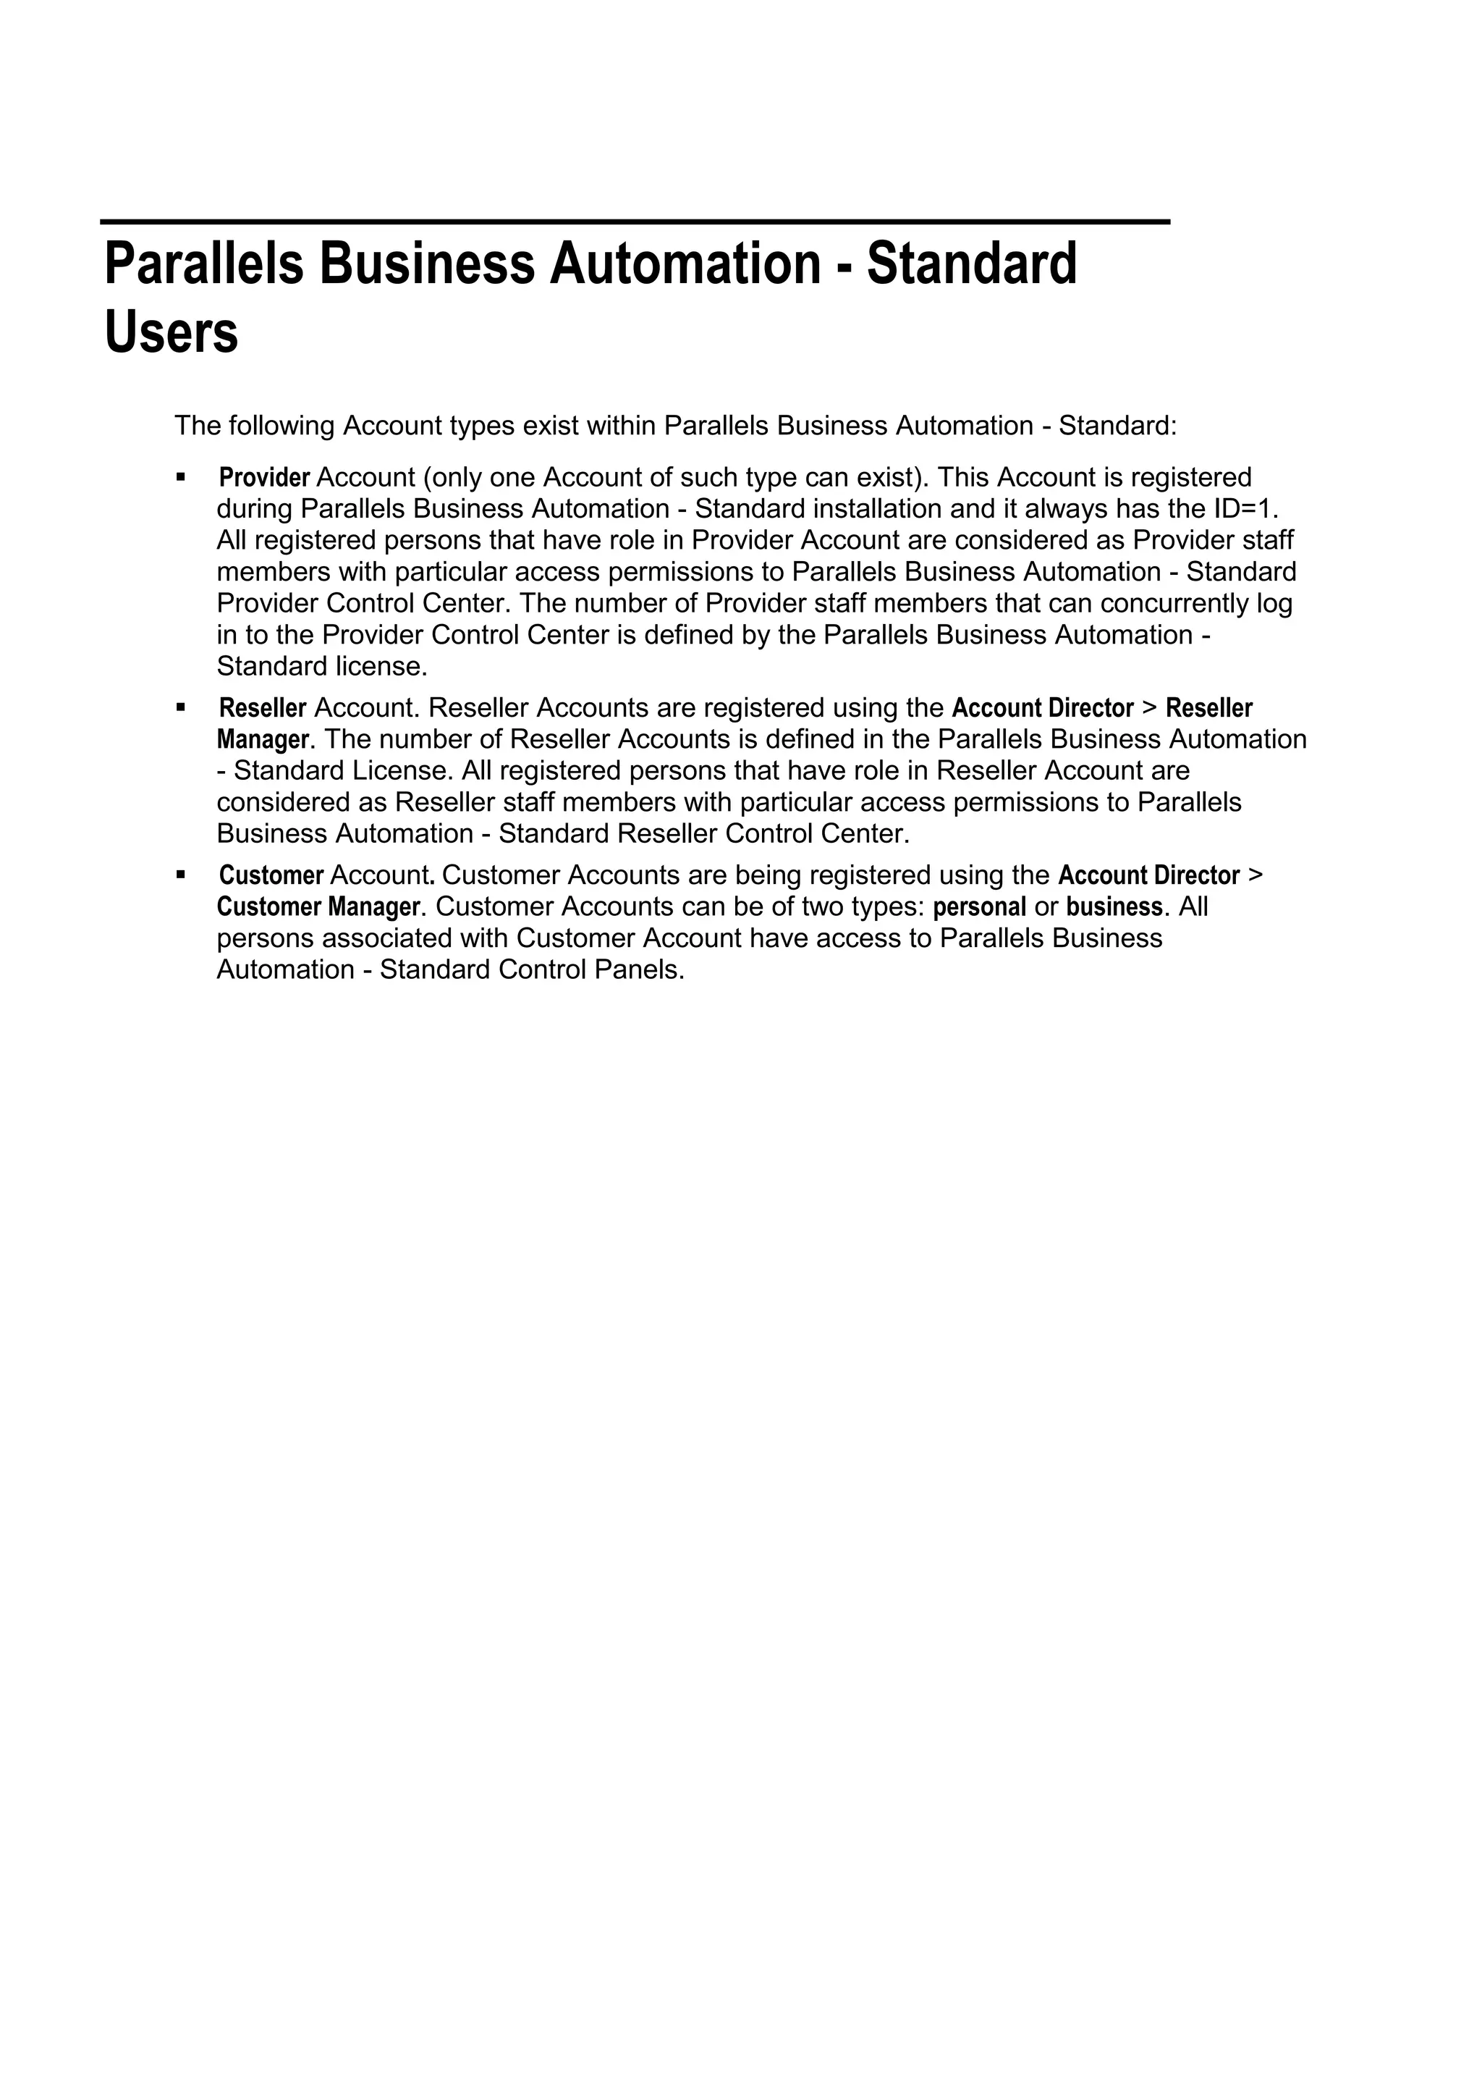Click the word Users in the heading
click(x=172, y=332)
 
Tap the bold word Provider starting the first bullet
click(x=265, y=477)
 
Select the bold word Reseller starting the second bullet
click(x=263, y=708)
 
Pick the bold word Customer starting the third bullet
click(x=271, y=876)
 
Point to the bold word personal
click(x=979, y=907)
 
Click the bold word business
click(x=1114, y=907)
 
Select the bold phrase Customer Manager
click(x=318, y=907)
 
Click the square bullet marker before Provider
click(x=181, y=476)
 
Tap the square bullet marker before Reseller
click(x=181, y=707)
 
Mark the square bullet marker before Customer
click(x=181, y=875)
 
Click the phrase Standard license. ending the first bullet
click(x=321, y=666)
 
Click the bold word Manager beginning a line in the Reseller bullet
click(x=263, y=739)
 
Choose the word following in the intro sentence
click(x=282, y=426)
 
